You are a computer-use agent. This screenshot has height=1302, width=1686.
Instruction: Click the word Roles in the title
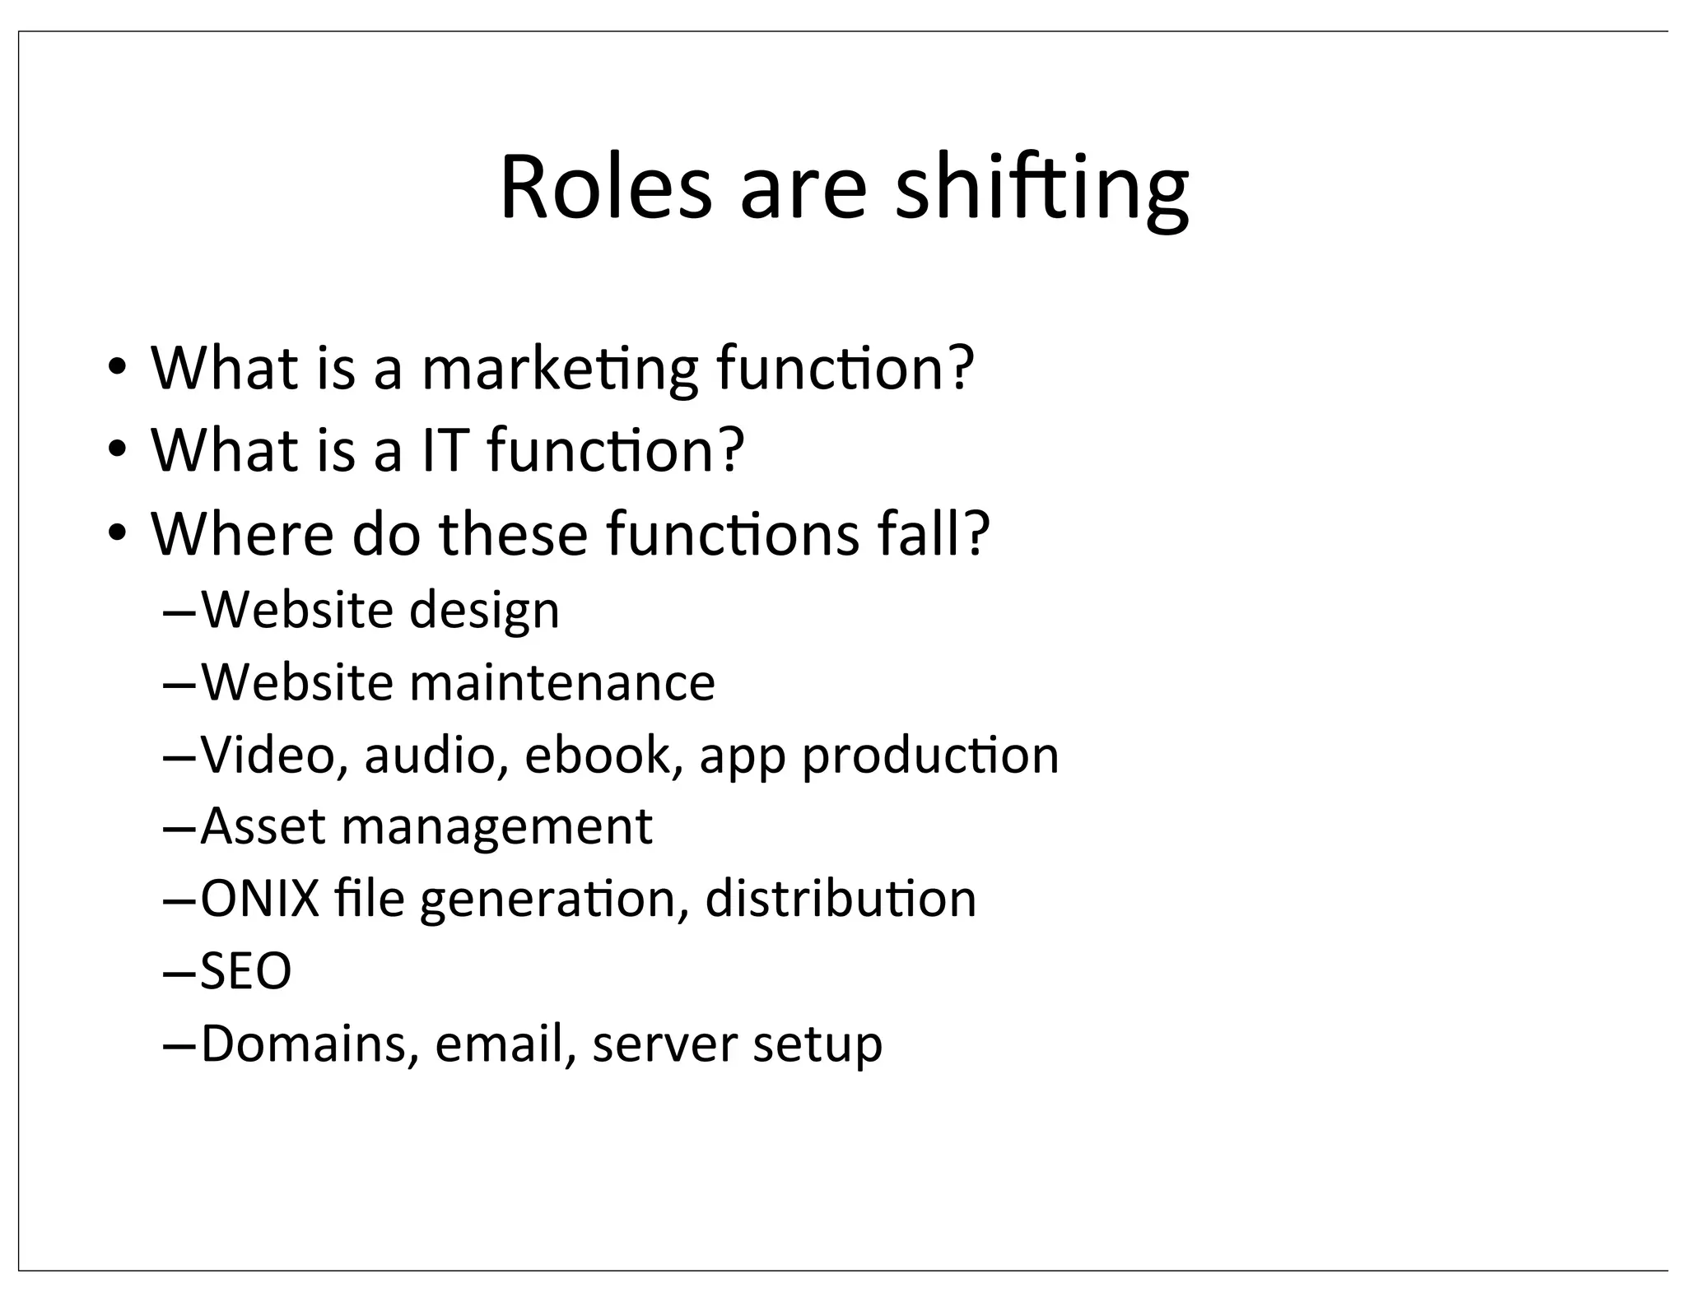pos(605,188)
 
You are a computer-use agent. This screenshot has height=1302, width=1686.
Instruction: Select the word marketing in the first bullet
pos(560,370)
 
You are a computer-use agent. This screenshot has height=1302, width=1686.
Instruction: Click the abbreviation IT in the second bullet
pos(445,451)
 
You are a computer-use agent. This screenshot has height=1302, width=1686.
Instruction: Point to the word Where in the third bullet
pos(242,534)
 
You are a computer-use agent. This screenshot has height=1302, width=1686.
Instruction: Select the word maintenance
pos(562,683)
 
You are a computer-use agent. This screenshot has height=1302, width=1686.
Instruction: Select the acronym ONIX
pos(260,899)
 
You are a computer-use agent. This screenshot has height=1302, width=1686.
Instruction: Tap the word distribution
pos(841,899)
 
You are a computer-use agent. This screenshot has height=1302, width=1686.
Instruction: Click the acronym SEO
pos(246,971)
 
